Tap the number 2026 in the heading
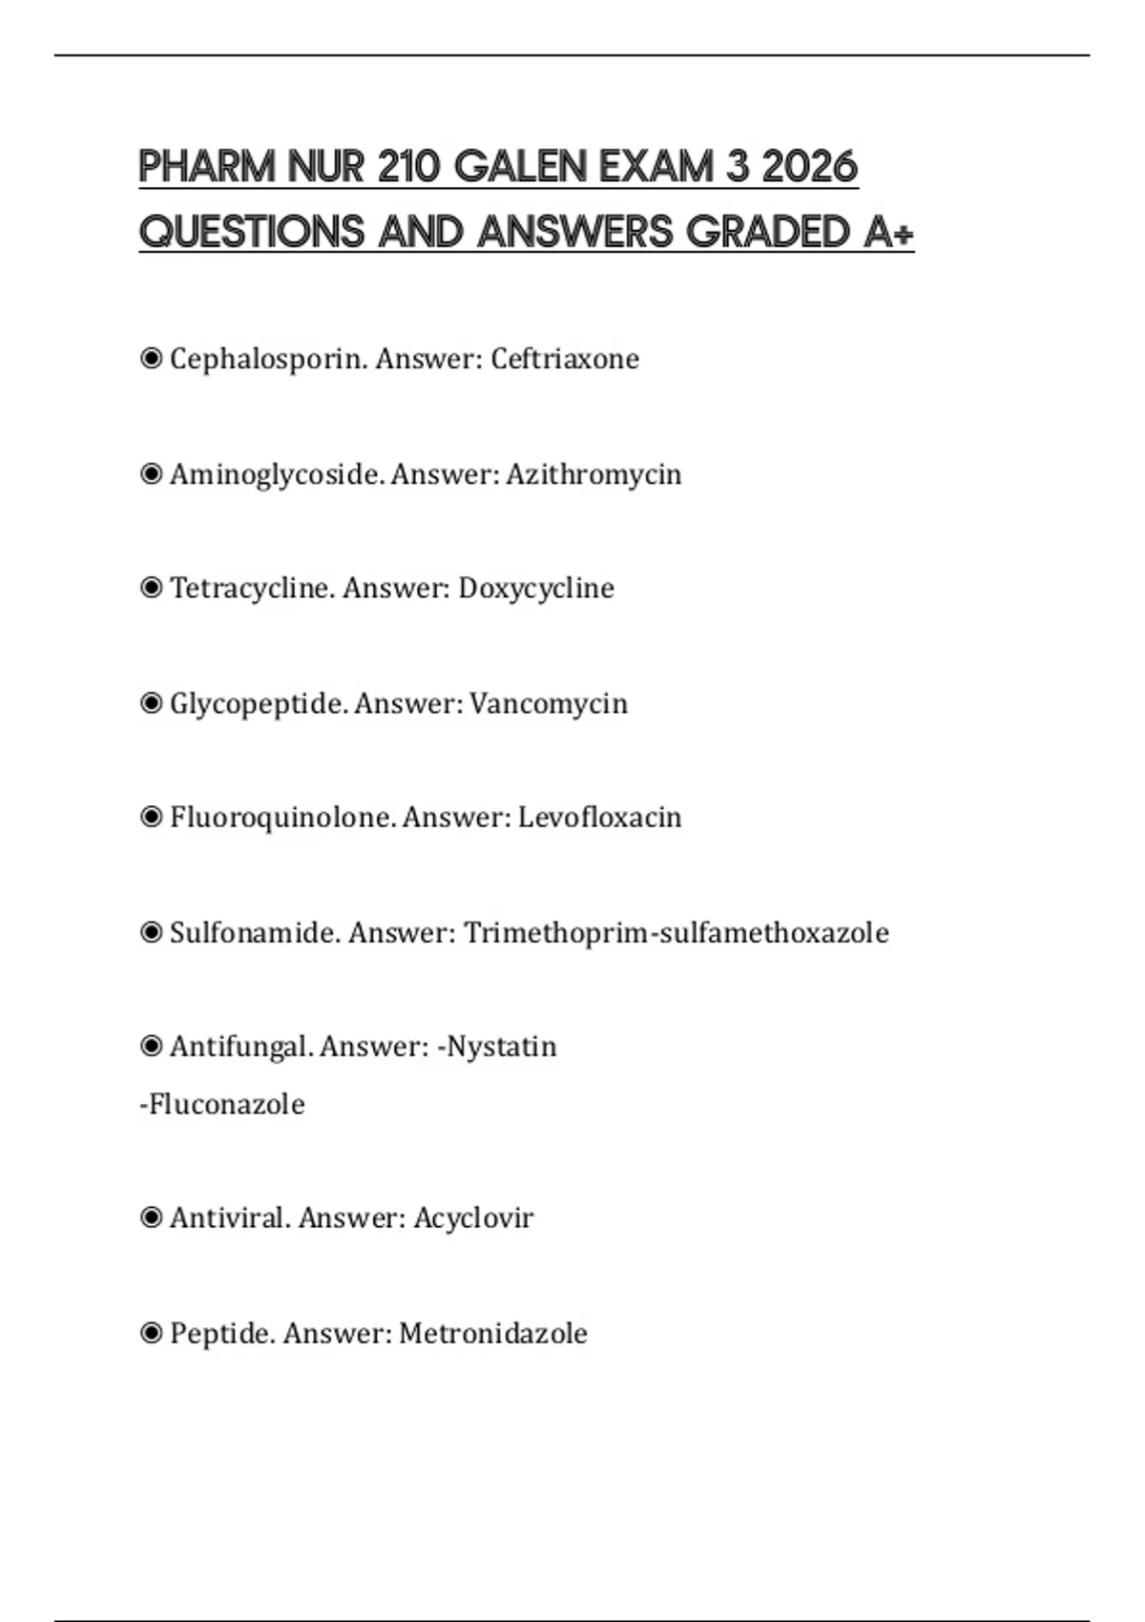coord(810,167)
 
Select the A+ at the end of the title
coord(888,232)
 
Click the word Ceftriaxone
coord(565,359)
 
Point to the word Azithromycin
coord(593,474)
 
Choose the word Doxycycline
coord(536,588)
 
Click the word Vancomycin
coord(549,703)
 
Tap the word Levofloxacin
coord(599,818)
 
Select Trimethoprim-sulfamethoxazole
coord(677,932)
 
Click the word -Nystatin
coord(497,1047)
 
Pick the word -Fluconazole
coord(222,1104)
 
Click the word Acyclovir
coord(473,1218)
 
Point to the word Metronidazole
coord(493,1333)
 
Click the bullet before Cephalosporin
coord(151,359)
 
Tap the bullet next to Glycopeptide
coord(151,703)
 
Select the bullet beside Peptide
coord(151,1333)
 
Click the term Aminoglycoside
coord(276,474)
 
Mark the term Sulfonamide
coord(253,932)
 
